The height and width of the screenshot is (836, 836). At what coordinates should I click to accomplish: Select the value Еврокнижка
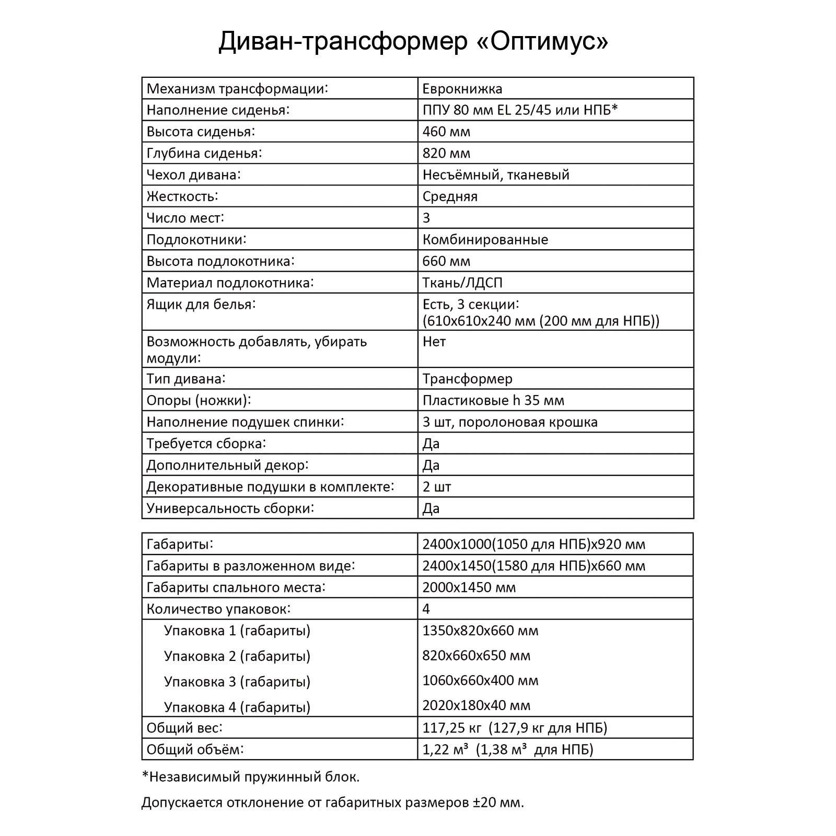pyautogui.click(x=462, y=88)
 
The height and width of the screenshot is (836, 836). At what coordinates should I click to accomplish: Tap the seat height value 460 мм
pyautogui.click(x=446, y=132)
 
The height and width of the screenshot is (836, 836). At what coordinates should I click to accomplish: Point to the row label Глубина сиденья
pyautogui.click(x=204, y=153)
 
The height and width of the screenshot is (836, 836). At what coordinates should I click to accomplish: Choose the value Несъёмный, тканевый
pyautogui.click(x=495, y=175)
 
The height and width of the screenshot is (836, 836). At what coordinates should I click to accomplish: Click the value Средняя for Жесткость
pyautogui.click(x=450, y=196)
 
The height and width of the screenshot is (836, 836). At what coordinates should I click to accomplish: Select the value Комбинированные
pyautogui.click(x=485, y=239)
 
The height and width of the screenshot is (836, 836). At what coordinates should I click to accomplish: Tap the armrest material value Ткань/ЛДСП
pyautogui.click(x=462, y=283)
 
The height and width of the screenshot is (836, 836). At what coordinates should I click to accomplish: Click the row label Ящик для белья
pyautogui.click(x=201, y=304)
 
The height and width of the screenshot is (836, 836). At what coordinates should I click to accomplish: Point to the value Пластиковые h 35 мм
pyautogui.click(x=493, y=400)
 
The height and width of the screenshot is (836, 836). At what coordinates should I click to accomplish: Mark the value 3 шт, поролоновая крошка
pyautogui.click(x=509, y=422)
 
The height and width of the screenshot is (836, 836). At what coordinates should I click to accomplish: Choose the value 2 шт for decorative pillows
pyautogui.click(x=436, y=486)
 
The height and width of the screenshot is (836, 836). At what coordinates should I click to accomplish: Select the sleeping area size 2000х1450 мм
pyautogui.click(x=469, y=587)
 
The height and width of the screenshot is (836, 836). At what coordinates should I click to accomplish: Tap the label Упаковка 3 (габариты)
pyautogui.click(x=237, y=681)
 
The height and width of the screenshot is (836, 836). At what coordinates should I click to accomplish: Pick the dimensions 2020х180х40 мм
pyautogui.click(x=476, y=705)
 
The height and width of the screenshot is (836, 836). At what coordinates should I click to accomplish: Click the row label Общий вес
pyautogui.click(x=184, y=728)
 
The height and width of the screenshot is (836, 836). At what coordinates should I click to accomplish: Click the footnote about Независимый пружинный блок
pyautogui.click(x=250, y=777)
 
